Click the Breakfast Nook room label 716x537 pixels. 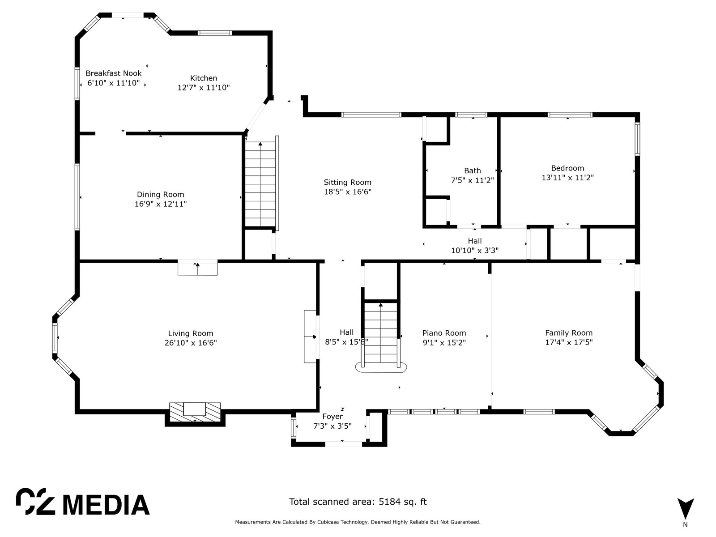(114, 73)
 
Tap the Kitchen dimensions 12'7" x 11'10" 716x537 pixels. (204, 88)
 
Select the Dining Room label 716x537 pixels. (161, 195)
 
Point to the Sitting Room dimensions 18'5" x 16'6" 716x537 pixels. (347, 192)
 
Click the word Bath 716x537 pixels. (472, 170)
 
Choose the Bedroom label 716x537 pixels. (567, 168)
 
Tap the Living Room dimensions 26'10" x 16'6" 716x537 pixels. (191, 343)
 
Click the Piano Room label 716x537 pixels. (444, 333)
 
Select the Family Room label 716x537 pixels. (569, 333)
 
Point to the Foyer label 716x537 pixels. (332, 417)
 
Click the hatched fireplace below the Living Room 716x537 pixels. (195, 414)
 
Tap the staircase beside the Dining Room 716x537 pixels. (260, 184)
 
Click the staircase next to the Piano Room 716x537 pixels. (381, 332)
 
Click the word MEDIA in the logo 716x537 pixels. (106, 505)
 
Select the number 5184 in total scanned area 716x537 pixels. (389, 502)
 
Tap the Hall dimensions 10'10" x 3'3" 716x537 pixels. (475, 251)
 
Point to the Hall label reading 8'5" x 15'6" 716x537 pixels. (346, 337)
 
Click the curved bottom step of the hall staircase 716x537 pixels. (381, 368)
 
